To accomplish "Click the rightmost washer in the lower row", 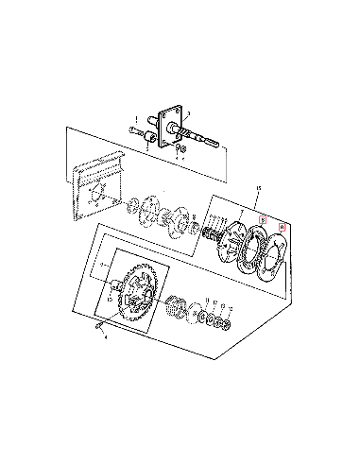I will [228, 326].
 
